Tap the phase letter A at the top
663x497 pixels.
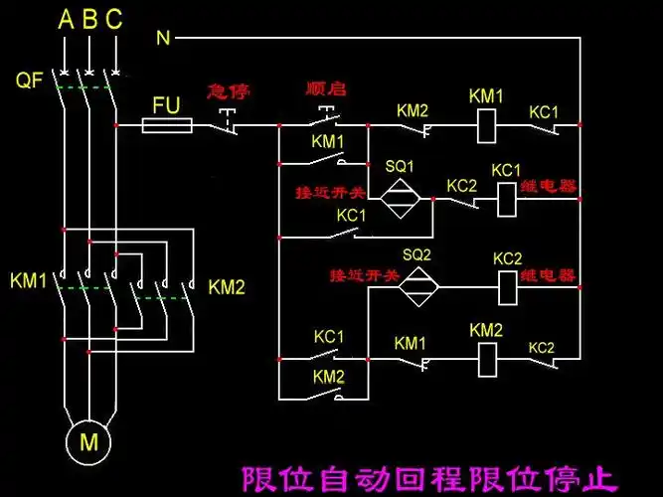click(x=66, y=19)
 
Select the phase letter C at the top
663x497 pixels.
click(x=114, y=19)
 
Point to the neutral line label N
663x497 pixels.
click(x=164, y=39)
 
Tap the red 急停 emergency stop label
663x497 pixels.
click(x=228, y=91)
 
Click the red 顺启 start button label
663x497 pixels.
click(x=325, y=89)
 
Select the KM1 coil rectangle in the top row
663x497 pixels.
click(x=487, y=125)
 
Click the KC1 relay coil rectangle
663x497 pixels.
click(x=506, y=198)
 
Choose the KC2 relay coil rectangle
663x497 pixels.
click(x=507, y=287)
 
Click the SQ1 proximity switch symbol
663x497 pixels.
click(x=399, y=198)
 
